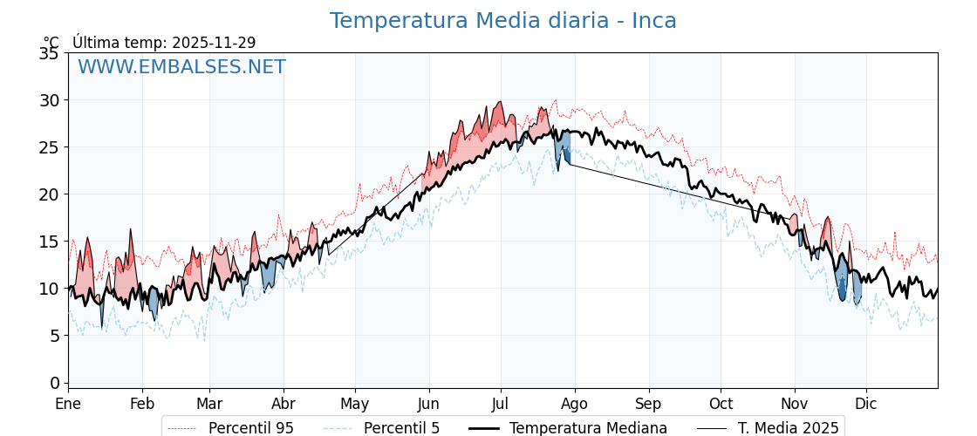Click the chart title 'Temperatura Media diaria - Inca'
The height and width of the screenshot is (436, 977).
(502, 21)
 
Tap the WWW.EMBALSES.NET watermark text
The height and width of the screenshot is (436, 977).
(181, 67)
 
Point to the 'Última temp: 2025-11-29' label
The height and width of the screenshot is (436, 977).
(164, 43)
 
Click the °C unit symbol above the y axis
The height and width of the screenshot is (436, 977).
(51, 43)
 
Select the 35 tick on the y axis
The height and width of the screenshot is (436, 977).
(49, 53)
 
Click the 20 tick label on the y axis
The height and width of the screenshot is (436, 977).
(49, 194)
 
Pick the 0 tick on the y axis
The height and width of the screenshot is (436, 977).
(54, 383)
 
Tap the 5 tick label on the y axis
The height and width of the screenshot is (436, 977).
(54, 336)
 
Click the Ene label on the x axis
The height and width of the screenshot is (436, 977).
(68, 404)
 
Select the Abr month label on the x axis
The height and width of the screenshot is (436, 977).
(284, 404)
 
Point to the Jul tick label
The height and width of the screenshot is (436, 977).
(501, 404)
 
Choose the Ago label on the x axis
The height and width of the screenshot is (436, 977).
(575, 404)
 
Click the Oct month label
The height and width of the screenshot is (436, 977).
(721, 404)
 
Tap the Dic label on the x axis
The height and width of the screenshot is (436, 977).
(866, 404)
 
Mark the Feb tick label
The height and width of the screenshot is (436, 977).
(142, 404)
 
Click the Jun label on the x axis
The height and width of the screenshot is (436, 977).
(428, 404)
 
